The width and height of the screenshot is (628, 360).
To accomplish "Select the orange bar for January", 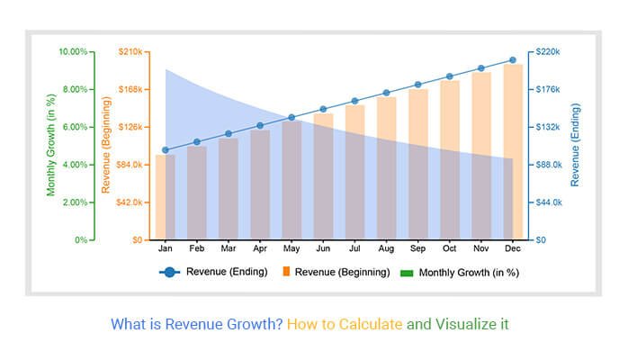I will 166,197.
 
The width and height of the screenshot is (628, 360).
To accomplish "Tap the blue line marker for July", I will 354,101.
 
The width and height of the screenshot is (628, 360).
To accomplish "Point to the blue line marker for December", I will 513,60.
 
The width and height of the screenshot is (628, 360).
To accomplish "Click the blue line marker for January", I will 166,150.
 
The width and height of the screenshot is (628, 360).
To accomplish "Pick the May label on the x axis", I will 292,247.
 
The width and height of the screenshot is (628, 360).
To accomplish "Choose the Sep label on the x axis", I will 417,247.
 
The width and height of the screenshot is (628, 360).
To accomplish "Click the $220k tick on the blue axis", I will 550,51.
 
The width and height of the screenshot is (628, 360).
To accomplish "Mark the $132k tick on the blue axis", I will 550,127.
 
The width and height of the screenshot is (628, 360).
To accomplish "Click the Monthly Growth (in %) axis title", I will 51,146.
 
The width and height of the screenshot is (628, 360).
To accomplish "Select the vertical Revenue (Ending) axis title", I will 576,146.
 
